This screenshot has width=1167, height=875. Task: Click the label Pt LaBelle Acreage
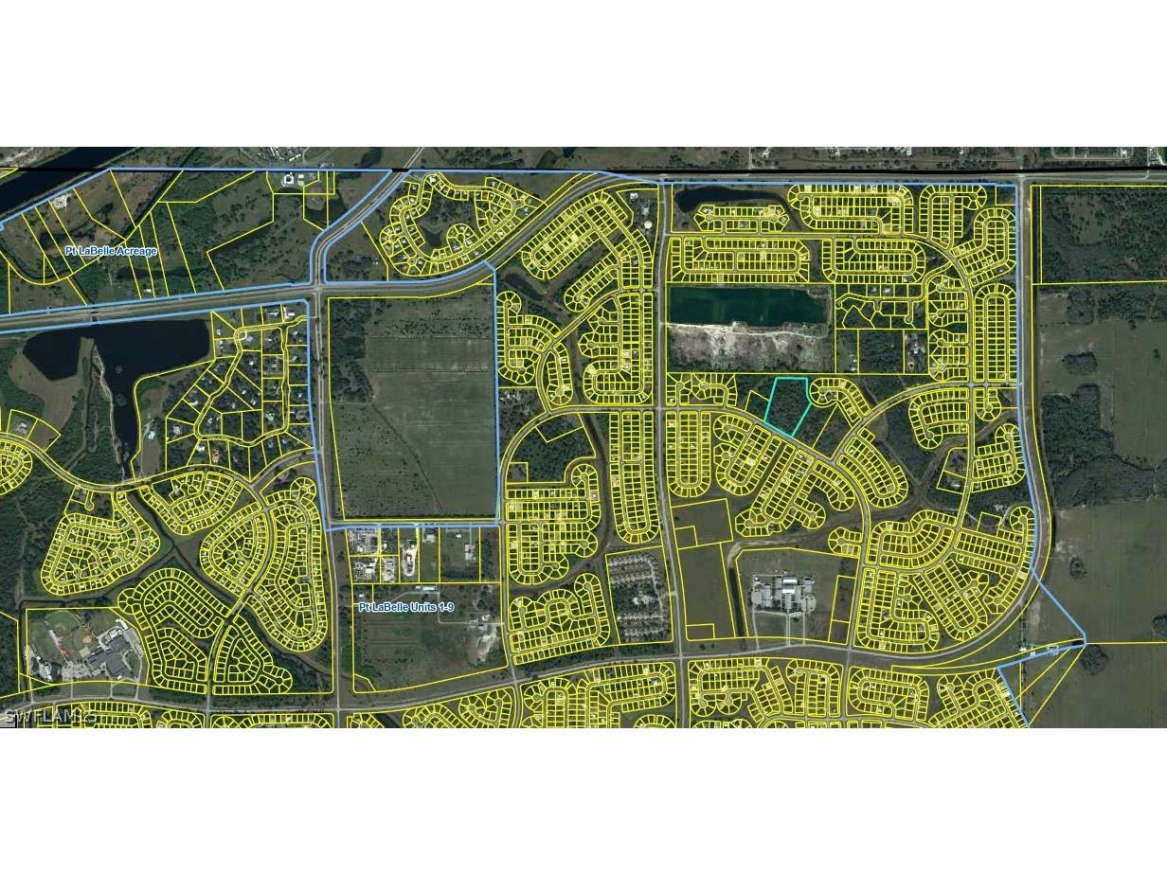pos(111,251)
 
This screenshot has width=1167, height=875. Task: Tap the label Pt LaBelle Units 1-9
pos(412,606)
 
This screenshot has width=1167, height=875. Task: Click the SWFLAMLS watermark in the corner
pos(49,716)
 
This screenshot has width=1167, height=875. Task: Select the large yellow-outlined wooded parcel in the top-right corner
pos(1099,233)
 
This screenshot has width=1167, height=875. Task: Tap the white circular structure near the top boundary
pos(288,179)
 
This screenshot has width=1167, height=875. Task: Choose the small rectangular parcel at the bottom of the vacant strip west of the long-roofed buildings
pos(700,632)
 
